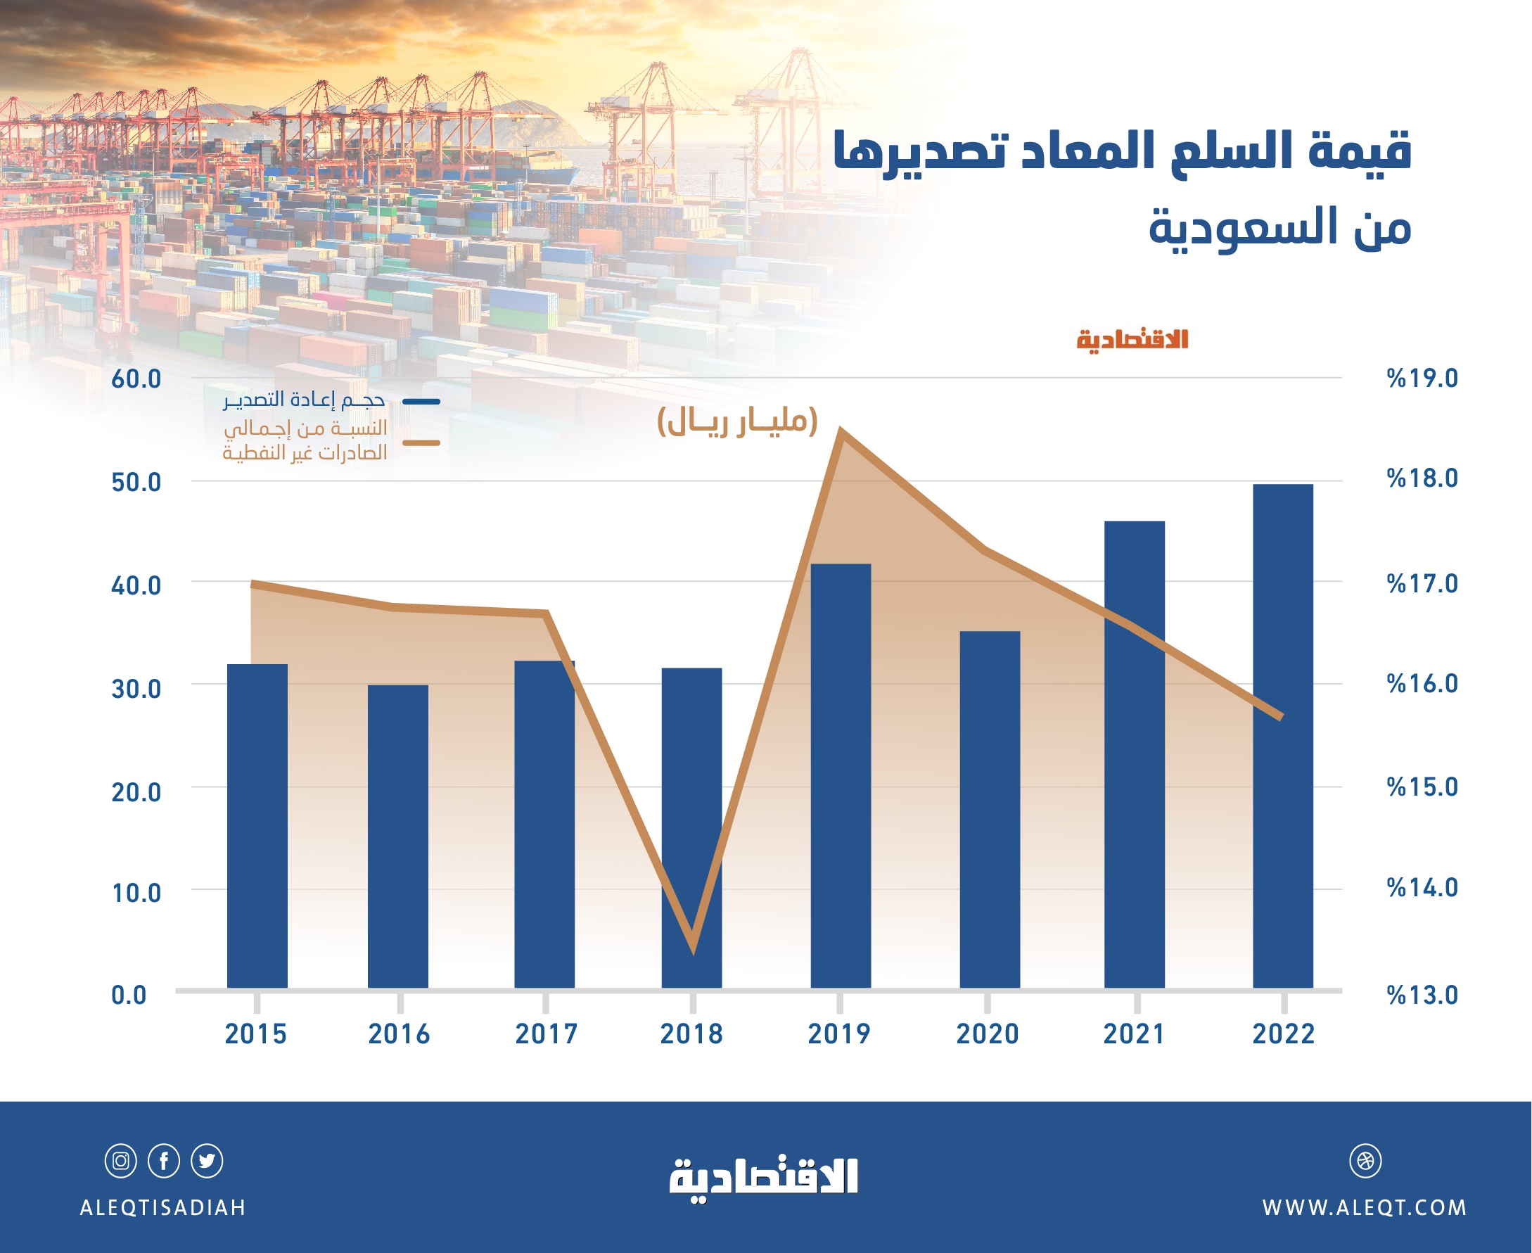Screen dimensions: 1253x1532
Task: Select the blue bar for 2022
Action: tap(1282, 736)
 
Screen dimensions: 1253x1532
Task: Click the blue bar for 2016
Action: tap(397, 837)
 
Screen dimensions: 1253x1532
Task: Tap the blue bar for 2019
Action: tap(841, 776)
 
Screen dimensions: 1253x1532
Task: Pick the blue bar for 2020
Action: tap(990, 808)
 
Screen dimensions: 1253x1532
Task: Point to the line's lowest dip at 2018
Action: tap(693, 949)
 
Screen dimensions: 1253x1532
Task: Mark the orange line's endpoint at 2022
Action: tap(1281, 718)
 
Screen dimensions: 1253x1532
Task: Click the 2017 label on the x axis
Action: tap(547, 1034)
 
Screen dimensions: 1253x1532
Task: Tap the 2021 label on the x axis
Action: tap(1134, 1034)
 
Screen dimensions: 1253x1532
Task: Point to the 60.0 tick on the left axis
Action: tap(136, 379)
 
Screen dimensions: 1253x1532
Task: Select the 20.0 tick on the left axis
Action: tap(136, 791)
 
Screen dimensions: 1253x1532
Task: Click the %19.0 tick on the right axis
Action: tap(1422, 379)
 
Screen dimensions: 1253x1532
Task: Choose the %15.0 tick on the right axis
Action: tap(1422, 787)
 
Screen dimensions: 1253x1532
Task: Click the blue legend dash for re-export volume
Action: tap(421, 401)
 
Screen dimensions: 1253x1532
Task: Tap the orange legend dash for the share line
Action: tap(421, 443)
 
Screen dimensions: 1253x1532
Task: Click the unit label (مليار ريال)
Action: tap(736, 421)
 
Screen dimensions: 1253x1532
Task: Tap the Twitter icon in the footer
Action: tap(207, 1162)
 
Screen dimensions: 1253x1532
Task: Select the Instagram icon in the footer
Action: tap(120, 1162)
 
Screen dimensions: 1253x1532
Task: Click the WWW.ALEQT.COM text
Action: tap(1364, 1208)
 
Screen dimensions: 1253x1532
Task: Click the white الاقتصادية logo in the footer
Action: tap(763, 1178)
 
